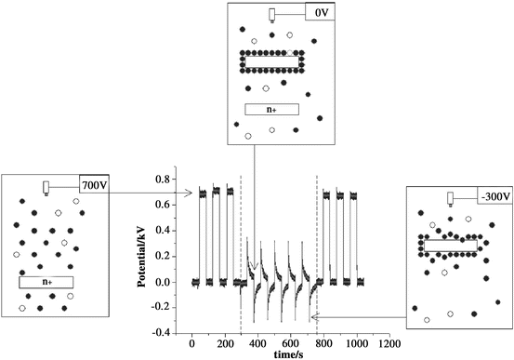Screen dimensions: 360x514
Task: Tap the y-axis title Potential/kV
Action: (146, 250)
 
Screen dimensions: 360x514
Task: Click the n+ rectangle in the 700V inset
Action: (46, 281)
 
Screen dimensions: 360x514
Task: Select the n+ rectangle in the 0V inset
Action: (271, 109)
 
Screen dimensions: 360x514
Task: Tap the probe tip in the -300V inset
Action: (451, 202)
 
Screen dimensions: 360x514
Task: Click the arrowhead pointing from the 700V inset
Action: (190, 193)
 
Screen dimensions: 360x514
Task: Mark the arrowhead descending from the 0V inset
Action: (255, 271)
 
